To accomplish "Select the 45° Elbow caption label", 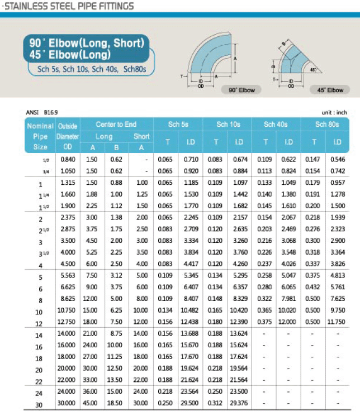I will [x=330, y=89].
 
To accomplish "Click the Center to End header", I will [x=116, y=124].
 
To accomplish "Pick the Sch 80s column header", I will [x=326, y=124].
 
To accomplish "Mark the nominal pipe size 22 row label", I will [x=39, y=381].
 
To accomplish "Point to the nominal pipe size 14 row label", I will [x=39, y=336].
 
